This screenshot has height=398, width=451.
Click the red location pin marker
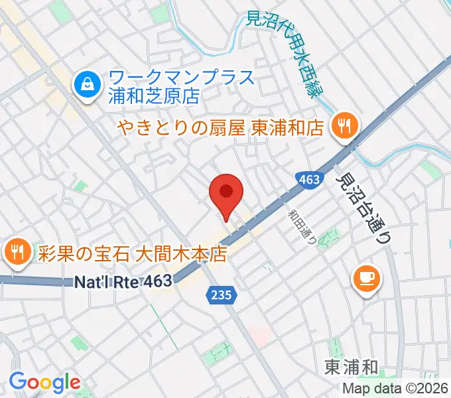click(x=225, y=194)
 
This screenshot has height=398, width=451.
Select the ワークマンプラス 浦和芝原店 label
click(x=181, y=87)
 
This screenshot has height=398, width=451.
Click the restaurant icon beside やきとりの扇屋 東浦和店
click(x=343, y=125)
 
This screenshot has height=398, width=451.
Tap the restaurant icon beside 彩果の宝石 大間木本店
click(x=15, y=252)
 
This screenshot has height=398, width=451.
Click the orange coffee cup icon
click(x=366, y=278)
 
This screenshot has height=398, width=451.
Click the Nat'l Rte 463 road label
click(x=123, y=282)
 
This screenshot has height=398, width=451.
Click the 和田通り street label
click(x=302, y=229)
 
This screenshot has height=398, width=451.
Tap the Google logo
click(x=44, y=383)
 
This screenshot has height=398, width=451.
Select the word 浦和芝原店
click(x=154, y=96)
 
